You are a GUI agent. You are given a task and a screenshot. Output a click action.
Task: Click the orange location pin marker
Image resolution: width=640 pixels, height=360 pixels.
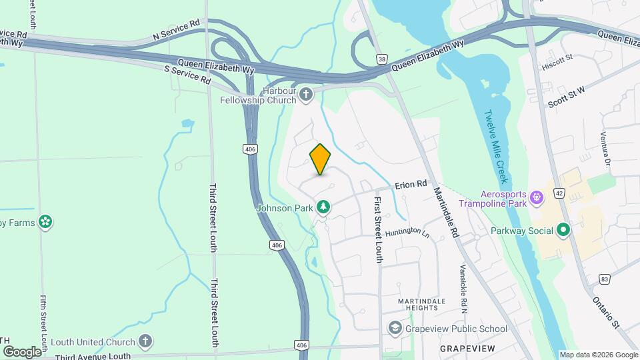pyautogui.click(x=320, y=159)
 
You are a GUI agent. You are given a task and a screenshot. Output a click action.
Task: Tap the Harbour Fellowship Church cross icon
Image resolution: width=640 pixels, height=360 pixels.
pyautogui.click(x=306, y=94)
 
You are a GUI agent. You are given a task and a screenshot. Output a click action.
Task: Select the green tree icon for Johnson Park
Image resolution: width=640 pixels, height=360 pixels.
pyautogui.click(x=323, y=207)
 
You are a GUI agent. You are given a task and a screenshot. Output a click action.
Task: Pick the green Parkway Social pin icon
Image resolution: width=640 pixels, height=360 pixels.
pyautogui.click(x=563, y=231)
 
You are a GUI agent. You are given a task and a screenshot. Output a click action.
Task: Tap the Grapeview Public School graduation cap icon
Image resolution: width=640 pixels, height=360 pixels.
pyautogui.click(x=395, y=328)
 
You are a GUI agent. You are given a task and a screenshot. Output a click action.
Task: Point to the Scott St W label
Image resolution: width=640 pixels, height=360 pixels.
pyautogui.click(x=566, y=100)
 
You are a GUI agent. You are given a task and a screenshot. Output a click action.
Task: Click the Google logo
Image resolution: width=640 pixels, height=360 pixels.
pyautogui.click(x=21, y=351)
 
